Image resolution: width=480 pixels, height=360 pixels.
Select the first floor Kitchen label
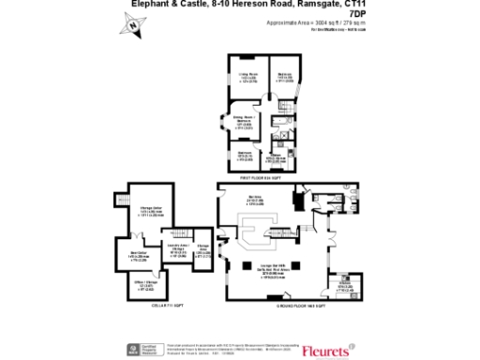(279, 156)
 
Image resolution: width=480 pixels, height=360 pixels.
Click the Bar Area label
(254, 201)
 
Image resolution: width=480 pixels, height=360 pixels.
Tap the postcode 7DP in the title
(354, 14)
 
